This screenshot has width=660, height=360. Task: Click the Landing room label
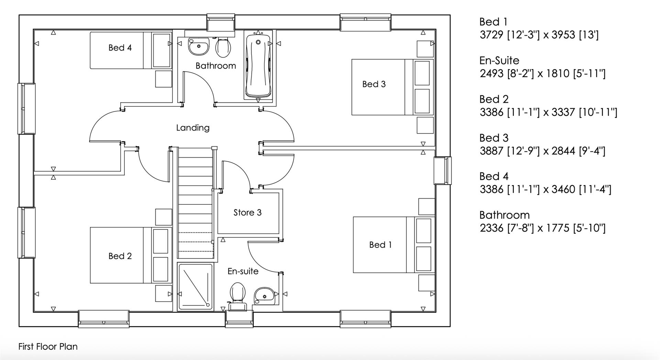click(x=192, y=128)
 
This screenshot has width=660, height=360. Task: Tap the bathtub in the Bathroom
click(x=258, y=65)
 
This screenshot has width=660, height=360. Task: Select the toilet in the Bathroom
click(x=223, y=47)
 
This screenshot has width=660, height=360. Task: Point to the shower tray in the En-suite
click(x=195, y=287)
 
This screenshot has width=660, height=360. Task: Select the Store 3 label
click(x=247, y=213)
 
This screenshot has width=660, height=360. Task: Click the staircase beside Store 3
click(x=195, y=203)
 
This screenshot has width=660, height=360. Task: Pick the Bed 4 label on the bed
click(x=120, y=48)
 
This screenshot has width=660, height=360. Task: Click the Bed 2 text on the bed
click(x=120, y=256)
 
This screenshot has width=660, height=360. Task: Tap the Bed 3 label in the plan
click(x=374, y=84)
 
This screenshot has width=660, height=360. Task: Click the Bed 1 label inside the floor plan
click(x=380, y=245)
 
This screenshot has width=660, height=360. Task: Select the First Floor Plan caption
click(x=48, y=347)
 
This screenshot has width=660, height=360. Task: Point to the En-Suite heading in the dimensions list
click(x=499, y=60)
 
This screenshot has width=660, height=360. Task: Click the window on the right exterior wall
click(x=443, y=171)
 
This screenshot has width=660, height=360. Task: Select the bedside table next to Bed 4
click(x=164, y=79)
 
